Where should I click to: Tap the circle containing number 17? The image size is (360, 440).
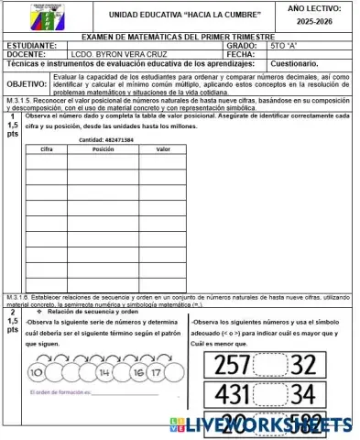(156, 374)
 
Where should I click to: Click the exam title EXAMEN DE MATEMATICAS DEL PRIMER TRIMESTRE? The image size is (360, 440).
(177, 36)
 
